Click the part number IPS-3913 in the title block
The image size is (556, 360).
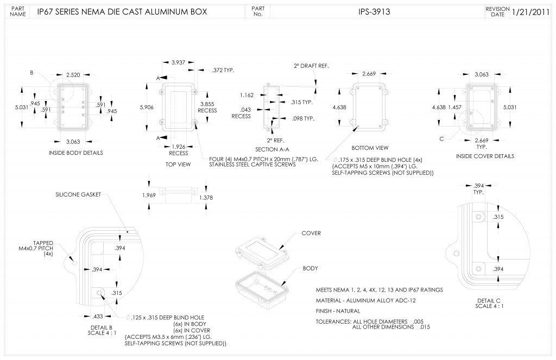point(374,11)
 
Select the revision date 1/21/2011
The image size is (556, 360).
point(533,11)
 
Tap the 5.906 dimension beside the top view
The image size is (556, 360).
point(147,108)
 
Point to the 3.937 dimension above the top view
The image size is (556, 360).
point(178,62)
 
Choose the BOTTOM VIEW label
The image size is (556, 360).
point(370,147)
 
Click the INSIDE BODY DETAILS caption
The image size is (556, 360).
point(75,153)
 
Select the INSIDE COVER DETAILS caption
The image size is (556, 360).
point(485,156)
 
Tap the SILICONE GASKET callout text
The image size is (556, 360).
point(78,194)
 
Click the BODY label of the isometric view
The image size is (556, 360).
point(310,268)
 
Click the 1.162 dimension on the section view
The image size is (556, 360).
point(247,95)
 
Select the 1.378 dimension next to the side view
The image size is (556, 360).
point(206,198)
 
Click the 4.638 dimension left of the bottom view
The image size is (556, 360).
point(339,108)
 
